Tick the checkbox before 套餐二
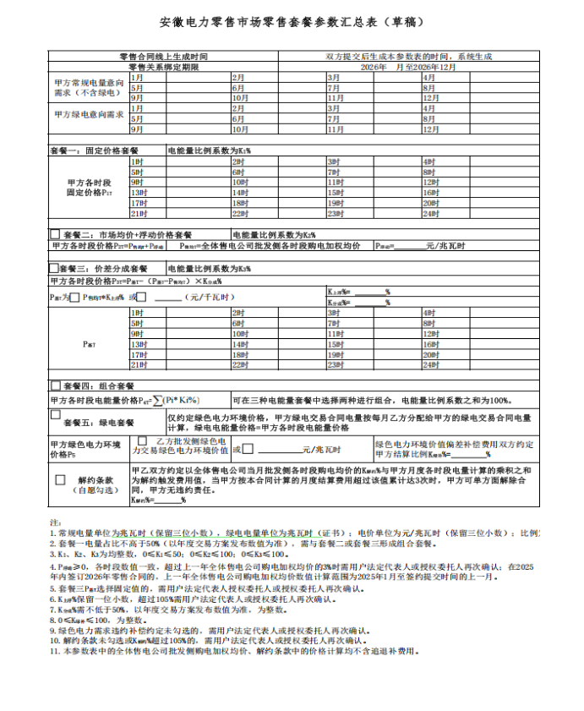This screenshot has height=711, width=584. click(55, 234)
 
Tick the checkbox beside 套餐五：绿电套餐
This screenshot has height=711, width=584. click(55, 415)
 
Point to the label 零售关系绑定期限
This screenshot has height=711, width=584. click(163, 66)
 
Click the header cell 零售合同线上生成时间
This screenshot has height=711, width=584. click(163, 56)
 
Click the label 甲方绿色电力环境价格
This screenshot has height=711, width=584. click(85, 449)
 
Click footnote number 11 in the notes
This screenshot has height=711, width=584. click(54, 651)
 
